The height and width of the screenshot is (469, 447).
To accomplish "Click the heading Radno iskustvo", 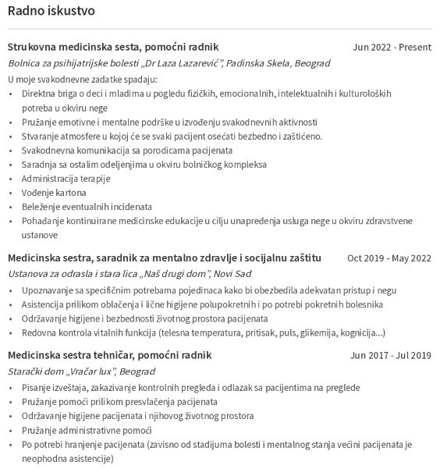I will tap(51, 12).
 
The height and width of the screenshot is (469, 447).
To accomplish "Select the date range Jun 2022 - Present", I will tap(392, 47).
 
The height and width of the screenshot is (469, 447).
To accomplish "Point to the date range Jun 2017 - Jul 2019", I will tap(391, 355).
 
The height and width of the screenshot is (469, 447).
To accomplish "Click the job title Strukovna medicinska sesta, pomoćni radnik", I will tap(113, 47).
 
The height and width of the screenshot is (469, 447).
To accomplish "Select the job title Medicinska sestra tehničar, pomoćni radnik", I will tap(109, 355).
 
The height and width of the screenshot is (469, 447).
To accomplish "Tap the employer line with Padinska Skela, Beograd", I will tap(169, 63).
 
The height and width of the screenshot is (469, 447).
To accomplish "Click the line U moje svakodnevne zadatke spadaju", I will tap(83, 79).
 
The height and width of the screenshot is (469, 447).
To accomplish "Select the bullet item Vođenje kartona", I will tap(54, 192).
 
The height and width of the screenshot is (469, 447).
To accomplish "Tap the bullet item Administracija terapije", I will tap(66, 178).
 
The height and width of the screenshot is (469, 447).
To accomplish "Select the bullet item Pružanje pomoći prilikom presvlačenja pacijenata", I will tap(119, 401).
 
